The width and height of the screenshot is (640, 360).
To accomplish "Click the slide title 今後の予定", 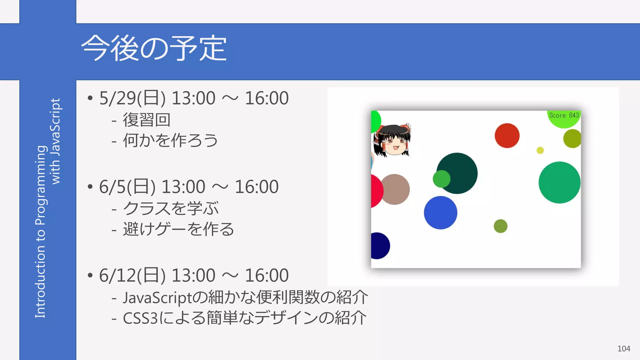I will tap(154, 48).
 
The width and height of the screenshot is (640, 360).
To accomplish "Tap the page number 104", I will tap(623, 348).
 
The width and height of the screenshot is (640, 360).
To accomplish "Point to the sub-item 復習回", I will tap(147, 120).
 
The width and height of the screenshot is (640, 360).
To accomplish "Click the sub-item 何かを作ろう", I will tap(170, 140).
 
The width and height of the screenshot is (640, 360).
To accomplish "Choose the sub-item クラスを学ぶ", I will tap(171, 208).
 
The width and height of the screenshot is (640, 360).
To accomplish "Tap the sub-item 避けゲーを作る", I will tap(178, 229).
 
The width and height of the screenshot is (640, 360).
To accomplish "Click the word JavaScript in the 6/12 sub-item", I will tap(157, 297).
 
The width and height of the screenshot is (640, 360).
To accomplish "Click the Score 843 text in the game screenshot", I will tap(564, 115).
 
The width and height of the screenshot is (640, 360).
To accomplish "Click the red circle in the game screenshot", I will tap(507, 135).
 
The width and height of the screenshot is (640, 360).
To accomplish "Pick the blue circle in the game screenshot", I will tap(440, 212).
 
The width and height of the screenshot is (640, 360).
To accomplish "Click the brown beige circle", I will tap(395, 189).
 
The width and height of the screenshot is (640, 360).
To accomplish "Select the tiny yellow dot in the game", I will tap(540, 150).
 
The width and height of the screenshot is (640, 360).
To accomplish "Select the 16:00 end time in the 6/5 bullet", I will tap(256, 187).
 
